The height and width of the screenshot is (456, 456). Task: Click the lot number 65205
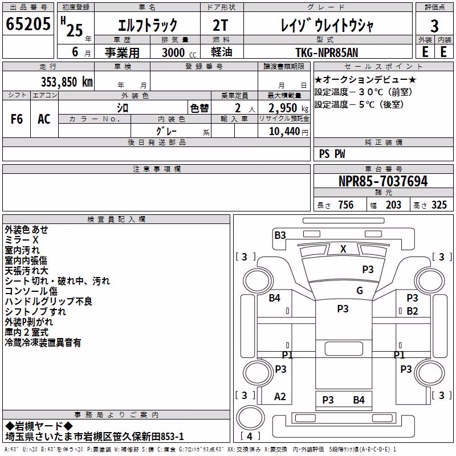(28, 24)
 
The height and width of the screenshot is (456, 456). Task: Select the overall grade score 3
(434, 26)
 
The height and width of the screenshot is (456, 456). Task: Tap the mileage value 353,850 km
(67, 82)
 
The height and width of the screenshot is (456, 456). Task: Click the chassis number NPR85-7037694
(383, 181)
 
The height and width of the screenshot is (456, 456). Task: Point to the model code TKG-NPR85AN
(327, 52)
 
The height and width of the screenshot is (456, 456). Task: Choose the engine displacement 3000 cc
(179, 52)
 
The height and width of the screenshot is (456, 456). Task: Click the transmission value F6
(17, 119)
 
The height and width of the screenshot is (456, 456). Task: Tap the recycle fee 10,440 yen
(288, 132)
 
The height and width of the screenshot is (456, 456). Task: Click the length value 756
(346, 205)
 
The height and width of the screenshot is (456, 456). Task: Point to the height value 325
(439, 205)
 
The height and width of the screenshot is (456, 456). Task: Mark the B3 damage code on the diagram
(280, 235)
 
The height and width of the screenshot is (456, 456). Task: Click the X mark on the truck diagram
(343, 249)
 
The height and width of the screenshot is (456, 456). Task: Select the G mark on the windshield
(360, 290)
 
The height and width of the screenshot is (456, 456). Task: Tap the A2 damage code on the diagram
(280, 396)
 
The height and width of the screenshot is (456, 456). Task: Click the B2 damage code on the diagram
(412, 311)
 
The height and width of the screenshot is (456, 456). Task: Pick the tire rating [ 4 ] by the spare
(250, 436)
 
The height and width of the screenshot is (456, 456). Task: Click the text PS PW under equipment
(332, 154)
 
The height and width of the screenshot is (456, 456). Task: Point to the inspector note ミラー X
(22, 239)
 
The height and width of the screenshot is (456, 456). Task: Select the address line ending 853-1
(95, 437)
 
